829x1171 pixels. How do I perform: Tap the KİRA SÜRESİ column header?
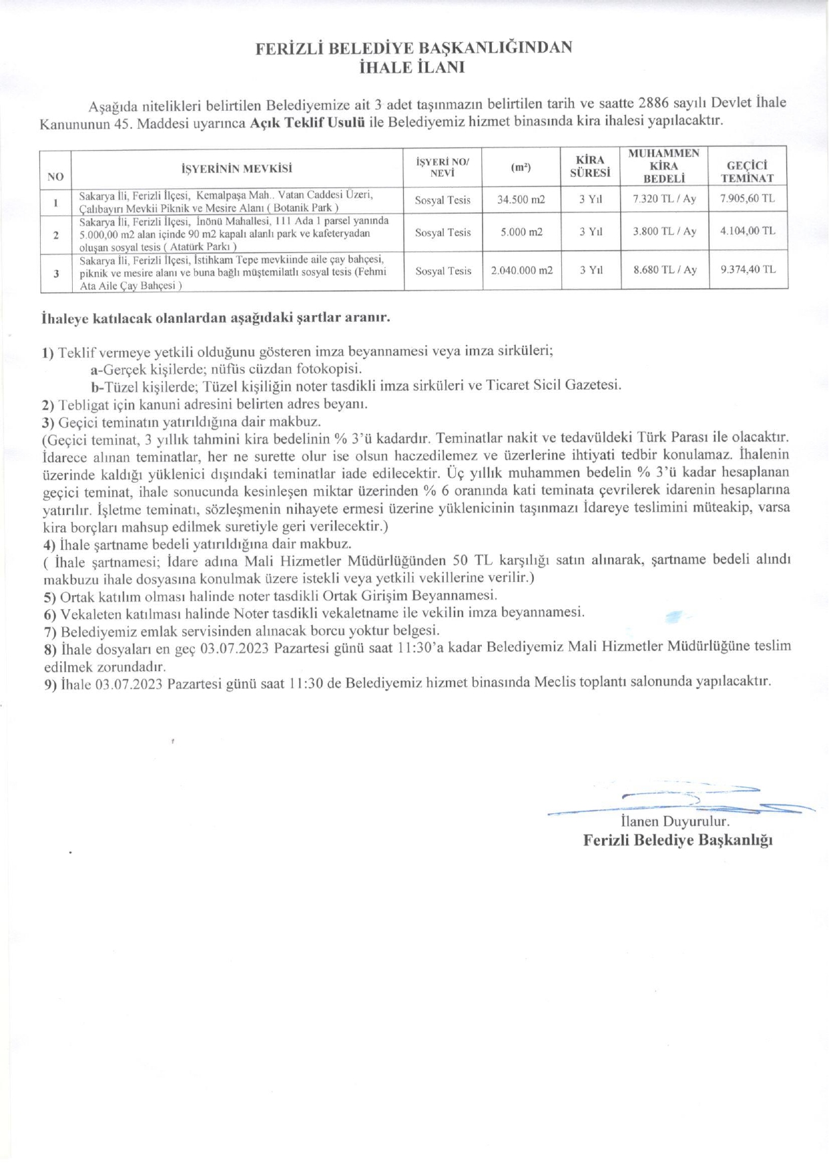tap(590, 166)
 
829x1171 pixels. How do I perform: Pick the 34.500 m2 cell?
tap(521, 200)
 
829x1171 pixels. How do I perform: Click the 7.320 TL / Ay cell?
tap(664, 199)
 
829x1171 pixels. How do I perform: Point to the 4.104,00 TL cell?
tap(748, 231)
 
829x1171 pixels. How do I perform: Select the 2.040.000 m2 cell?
tap(521, 270)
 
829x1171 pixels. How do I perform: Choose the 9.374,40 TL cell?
tap(748, 270)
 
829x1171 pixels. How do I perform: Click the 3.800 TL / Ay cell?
tap(664, 232)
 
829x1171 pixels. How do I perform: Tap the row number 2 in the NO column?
tap(56, 235)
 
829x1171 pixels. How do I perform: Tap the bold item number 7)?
tap(50, 631)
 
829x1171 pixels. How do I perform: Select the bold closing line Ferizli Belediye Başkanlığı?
tap(677, 840)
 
